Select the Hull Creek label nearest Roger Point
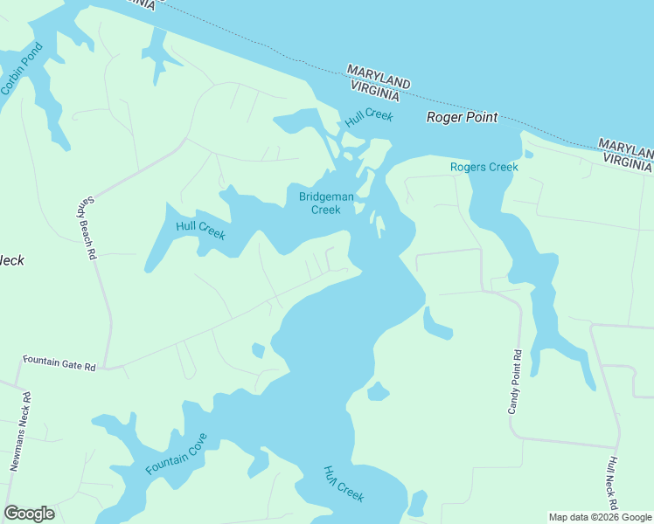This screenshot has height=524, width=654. point(369,120)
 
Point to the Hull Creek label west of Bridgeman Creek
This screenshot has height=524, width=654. point(200,231)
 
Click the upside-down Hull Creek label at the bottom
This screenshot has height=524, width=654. point(344,483)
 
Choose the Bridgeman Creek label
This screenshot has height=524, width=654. point(326,203)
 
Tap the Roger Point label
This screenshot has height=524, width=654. point(462,117)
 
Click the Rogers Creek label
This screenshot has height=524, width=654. point(484,167)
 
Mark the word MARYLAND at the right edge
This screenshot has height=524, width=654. point(626,146)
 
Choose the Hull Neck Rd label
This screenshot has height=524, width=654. point(613,482)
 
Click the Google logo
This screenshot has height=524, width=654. point(29,514)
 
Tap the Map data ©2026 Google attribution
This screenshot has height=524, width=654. point(599,517)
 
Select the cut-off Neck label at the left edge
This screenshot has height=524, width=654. point(11,260)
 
